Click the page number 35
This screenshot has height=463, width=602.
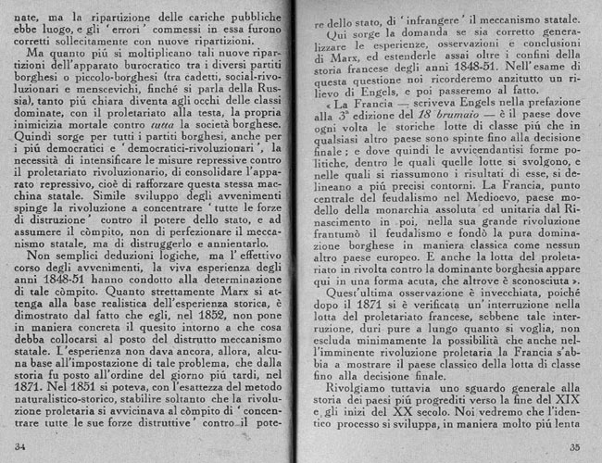575,447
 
